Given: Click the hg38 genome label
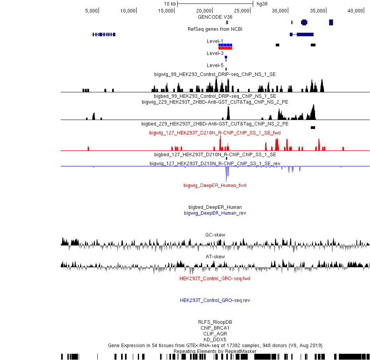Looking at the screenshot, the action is pyautogui.click(x=262, y=4).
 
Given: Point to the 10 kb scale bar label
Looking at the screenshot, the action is pyautogui.click(x=170, y=4).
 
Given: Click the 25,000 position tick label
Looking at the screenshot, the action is pyautogui.click(x=241, y=11).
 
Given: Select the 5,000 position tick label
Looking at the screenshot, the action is pyautogui.click(x=92, y=11).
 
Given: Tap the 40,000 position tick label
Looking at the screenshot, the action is pyautogui.click(x=355, y=11).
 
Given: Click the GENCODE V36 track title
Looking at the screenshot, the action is pyautogui.click(x=215, y=17).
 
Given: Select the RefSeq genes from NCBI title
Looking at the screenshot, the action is pyautogui.click(x=215, y=29).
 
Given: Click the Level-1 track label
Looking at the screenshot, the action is pyautogui.click(x=215, y=41).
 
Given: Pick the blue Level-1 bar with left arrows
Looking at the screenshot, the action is pyautogui.click(x=226, y=45).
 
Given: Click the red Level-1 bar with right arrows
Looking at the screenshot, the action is pyautogui.click(x=226, y=48).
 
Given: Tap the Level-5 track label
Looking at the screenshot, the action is pyautogui.click(x=215, y=65).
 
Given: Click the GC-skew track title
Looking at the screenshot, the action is pyautogui.click(x=215, y=235).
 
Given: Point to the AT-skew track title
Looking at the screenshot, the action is pyautogui.click(x=215, y=257).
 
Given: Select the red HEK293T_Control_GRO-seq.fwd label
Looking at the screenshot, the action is pyautogui.click(x=215, y=279).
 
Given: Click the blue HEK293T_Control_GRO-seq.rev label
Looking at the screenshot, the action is pyautogui.click(x=215, y=300).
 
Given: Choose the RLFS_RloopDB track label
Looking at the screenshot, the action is pyautogui.click(x=215, y=322).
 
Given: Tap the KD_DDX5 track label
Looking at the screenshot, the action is pyautogui.click(x=215, y=340).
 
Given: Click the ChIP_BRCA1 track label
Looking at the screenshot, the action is pyautogui.click(x=215, y=328).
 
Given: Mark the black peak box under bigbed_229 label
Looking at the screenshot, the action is pyautogui.click(x=313, y=127).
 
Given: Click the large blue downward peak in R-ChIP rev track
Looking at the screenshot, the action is pyautogui.click(x=227, y=173).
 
